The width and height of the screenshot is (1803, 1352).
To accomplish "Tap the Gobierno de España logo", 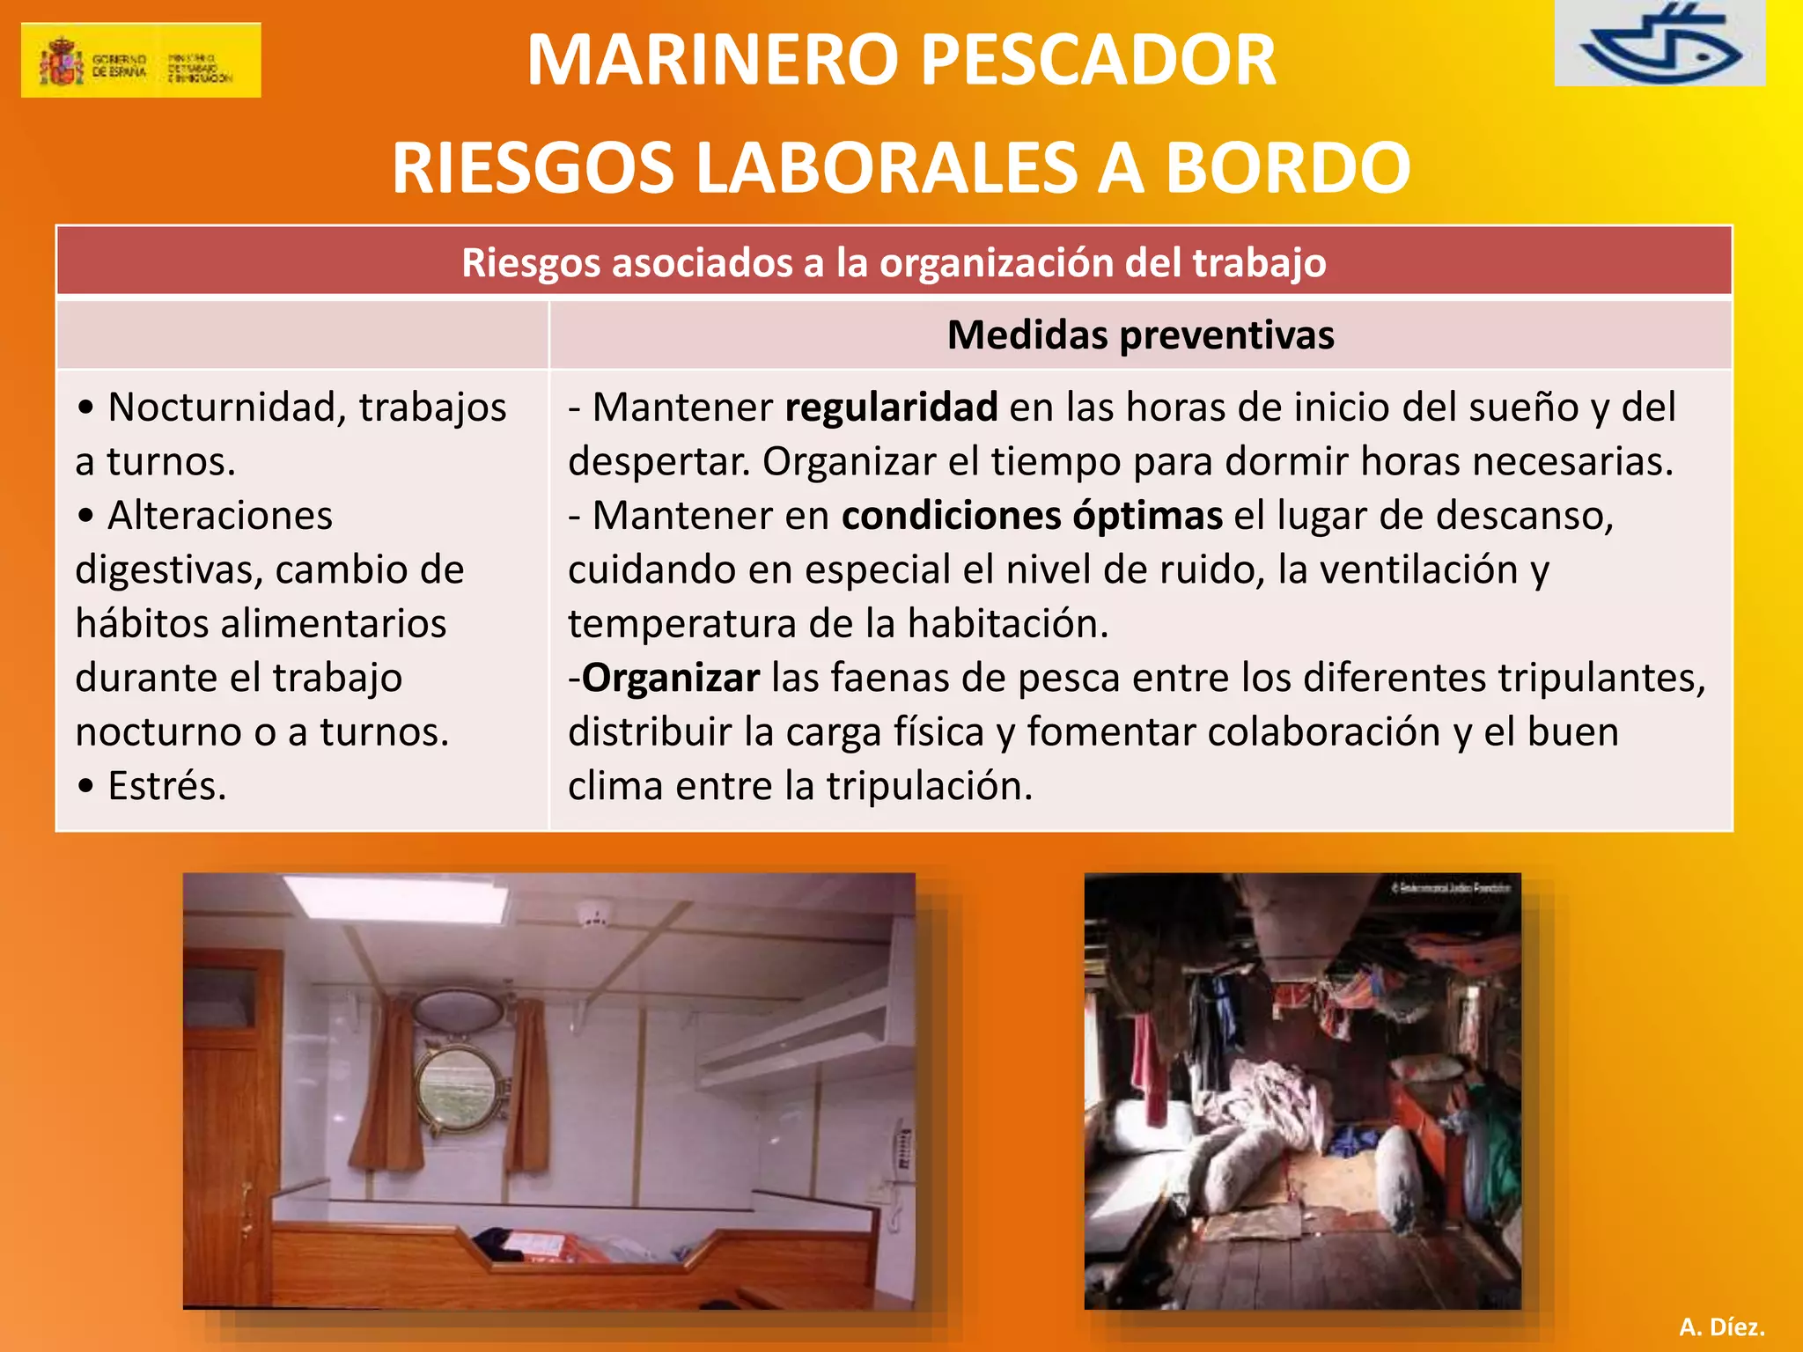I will click(x=141, y=60).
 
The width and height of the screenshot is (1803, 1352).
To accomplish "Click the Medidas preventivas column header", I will click(x=1140, y=334).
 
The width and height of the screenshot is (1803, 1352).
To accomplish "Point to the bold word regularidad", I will click(x=891, y=407).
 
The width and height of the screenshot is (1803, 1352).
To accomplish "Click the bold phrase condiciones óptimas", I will click(x=1032, y=515).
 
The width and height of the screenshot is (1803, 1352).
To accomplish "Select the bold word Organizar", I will click(x=671, y=678).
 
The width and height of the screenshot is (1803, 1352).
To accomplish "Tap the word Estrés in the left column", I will click(x=166, y=786).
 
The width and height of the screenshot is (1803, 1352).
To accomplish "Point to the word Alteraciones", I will click(x=220, y=515).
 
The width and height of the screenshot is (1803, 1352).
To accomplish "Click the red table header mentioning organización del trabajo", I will click(x=894, y=262).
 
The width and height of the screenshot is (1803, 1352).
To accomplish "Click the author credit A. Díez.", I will click(x=1721, y=1326).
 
